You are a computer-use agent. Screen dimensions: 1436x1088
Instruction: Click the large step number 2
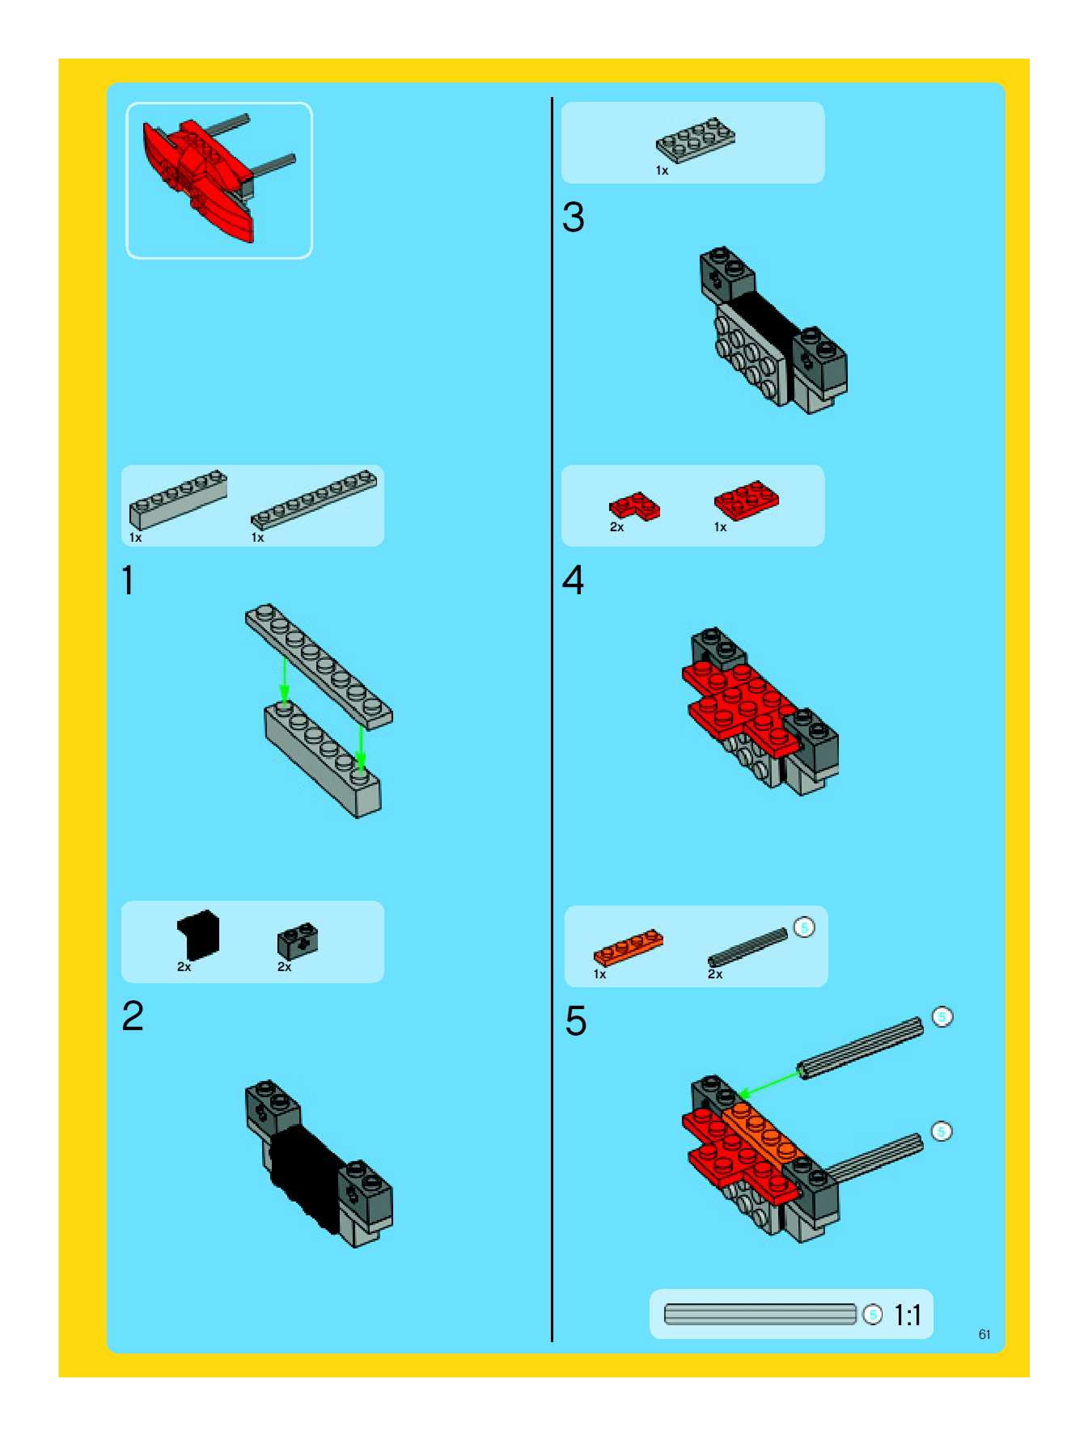[133, 1016]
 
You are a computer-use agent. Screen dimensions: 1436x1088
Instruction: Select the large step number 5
[576, 1020]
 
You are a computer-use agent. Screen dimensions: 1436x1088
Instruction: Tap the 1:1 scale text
[908, 1315]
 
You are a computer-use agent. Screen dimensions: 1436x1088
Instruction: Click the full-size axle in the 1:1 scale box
[760, 1315]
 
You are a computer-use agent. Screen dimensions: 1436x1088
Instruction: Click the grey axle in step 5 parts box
[747, 946]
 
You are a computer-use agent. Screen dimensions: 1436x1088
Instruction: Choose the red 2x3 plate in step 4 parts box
[746, 500]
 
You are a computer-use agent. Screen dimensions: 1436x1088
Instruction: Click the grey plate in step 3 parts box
[695, 139]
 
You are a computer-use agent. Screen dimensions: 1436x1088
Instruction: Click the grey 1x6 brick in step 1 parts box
[178, 498]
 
